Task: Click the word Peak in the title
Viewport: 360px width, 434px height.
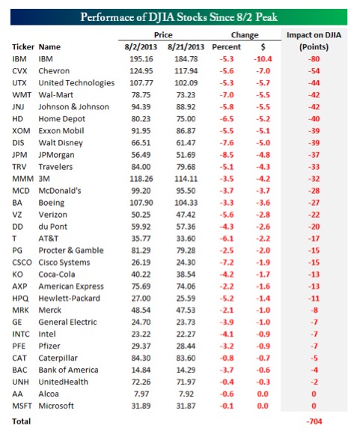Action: tap(266, 17)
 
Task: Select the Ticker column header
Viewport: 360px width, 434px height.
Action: tap(23, 47)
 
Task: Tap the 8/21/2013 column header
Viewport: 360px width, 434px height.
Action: tap(186, 47)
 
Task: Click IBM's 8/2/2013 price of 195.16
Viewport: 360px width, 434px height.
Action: tap(141, 59)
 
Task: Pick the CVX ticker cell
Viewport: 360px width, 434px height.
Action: tap(19, 71)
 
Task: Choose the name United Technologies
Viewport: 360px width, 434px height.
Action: tap(76, 83)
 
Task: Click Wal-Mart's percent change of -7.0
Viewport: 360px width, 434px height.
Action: tap(227, 95)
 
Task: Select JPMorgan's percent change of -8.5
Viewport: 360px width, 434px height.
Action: tap(227, 155)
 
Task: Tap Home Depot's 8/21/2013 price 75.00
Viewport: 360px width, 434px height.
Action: tap(186, 119)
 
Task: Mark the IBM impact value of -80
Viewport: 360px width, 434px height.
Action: tap(314, 59)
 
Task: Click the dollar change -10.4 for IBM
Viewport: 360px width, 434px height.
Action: tap(263, 59)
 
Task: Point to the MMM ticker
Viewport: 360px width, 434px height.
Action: tap(22, 179)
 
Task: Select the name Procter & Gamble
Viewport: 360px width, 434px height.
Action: tap(71, 251)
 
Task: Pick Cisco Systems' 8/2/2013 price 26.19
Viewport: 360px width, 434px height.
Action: tap(141, 263)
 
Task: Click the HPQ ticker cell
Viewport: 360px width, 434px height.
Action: tap(20, 299)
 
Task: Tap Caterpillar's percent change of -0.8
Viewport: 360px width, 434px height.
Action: tap(227, 358)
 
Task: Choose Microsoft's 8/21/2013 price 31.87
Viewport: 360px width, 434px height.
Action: tap(186, 406)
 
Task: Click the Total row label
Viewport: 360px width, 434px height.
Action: tap(21, 421)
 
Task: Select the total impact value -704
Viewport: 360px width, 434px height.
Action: tap(314, 421)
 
